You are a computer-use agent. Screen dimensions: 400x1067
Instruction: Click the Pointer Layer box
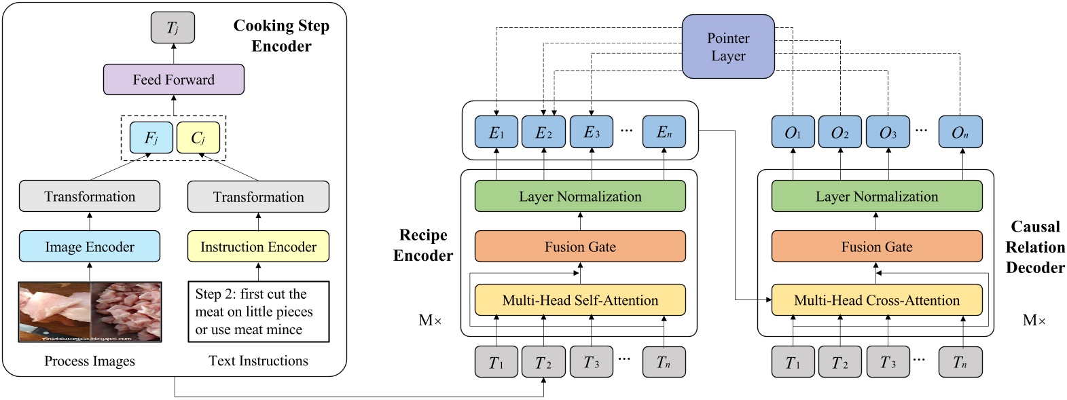tap(727, 47)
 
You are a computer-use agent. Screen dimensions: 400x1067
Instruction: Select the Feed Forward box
tap(173, 79)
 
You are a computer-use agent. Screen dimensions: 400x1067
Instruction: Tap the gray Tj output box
tap(173, 28)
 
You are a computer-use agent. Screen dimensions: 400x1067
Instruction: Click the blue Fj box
tap(151, 138)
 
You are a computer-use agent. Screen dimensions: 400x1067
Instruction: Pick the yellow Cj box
tap(198, 138)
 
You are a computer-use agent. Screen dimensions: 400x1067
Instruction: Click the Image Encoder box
tap(90, 247)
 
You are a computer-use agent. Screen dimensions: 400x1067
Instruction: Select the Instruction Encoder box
tap(258, 247)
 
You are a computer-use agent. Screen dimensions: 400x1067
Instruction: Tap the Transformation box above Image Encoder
tap(90, 196)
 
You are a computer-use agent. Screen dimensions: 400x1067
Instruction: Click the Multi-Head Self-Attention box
tap(579, 300)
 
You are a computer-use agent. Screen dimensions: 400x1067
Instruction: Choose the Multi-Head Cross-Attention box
tap(876, 300)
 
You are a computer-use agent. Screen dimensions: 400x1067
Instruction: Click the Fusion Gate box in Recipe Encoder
tap(579, 247)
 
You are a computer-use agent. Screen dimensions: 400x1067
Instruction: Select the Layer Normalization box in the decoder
tap(876, 196)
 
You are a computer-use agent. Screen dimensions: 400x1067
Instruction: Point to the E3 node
tap(592, 132)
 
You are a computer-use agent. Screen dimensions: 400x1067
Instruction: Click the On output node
tap(960, 132)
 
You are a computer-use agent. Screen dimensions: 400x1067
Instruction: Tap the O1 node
tap(793, 132)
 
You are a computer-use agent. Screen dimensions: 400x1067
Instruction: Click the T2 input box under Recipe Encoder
tap(543, 362)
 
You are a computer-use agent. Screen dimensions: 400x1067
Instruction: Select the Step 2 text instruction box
tap(258, 312)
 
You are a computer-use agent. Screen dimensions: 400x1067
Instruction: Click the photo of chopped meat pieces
tap(126, 311)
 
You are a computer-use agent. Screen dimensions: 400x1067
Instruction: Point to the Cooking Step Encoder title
tap(281, 35)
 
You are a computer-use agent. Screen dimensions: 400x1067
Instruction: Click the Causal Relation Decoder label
tap(1034, 247)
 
